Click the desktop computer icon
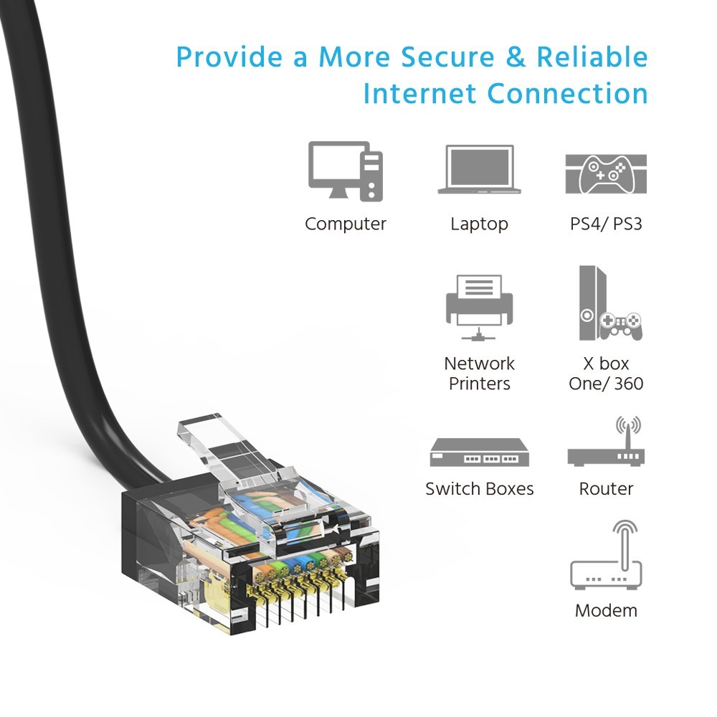(x=346, y=171)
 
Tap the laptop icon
(x=479, y=169)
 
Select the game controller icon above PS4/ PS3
(x=606, y=174)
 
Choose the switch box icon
(x=479, y=452)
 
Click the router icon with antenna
(x=607, y=442)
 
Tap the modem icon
(x=607, y=555)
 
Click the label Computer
(x=346, y=224)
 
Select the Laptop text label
(x=479, y=224)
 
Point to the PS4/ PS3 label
(x=606, y=224)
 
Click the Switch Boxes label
(x=479, y=489)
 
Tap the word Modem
(x=607, y=610)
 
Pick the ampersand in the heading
(x=516, y=57)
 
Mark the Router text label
(x=606, y=489)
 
